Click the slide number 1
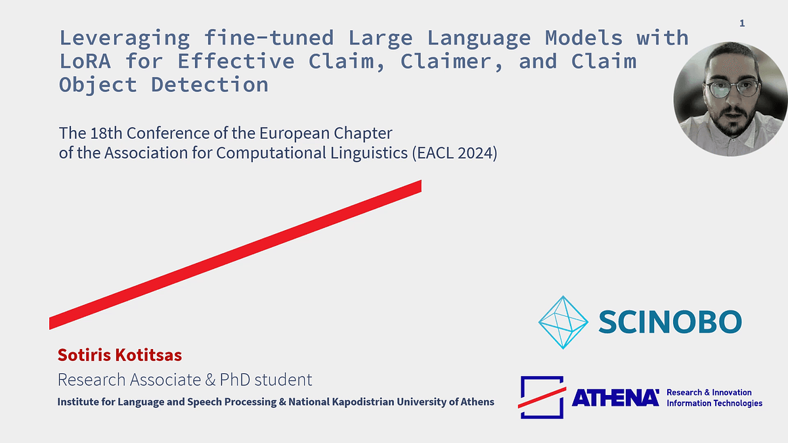click(742, 23)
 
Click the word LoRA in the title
click(85, 61)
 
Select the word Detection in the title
click(209, 85)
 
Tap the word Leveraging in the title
click(125, 39)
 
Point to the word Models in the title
click(584, 37)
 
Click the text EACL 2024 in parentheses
click(455, 153)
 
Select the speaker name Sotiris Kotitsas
click(120, 355)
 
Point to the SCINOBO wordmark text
click(670, 321)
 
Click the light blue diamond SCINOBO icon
click(563, 322)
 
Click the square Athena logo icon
click(542, 397)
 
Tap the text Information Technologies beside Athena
click(714, 403)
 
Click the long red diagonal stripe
click(235, 255)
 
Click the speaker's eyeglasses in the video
click(732, 88)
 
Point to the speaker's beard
click(732, 122)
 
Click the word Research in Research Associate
click(91, 380)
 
